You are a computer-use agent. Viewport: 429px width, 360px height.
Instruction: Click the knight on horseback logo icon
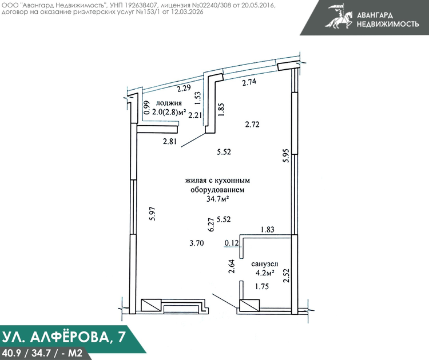point(339,16)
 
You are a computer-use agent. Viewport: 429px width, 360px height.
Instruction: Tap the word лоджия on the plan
point(169,103)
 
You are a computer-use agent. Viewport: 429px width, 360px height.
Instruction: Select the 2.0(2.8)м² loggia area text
point(169,112)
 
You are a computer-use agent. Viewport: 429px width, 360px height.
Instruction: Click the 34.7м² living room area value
point(217,199)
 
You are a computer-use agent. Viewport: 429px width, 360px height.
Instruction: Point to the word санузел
point(265,264)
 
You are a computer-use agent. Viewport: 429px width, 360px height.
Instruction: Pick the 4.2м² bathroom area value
point(265,273)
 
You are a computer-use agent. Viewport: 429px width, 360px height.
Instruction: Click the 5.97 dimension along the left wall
point(152,214)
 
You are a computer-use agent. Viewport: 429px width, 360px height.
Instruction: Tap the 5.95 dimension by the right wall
point(286,155)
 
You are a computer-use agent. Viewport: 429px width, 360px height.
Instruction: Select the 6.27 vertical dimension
point(211,225)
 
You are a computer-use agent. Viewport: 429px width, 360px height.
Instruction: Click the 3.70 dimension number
point(197,243)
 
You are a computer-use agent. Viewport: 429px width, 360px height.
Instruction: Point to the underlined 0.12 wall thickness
point(232,243)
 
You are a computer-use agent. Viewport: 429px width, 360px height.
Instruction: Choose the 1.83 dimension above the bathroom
point(267,229)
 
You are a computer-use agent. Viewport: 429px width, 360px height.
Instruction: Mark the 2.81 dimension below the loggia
point(170,141)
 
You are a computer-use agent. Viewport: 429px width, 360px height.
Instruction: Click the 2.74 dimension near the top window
point(249,82)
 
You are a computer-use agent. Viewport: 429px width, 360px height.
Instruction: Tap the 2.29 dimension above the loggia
point(183,89)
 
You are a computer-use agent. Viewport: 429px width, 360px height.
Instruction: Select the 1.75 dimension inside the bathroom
point(262,286)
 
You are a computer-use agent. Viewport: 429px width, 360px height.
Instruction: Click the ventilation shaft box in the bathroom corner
point(249,305)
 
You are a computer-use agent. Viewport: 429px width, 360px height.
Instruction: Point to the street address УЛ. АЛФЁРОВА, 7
point(63,337)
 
